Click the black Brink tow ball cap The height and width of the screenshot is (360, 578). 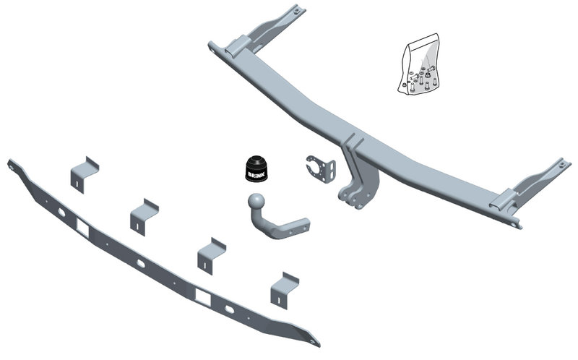(258, 168)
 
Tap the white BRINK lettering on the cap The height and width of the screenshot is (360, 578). (256, 174)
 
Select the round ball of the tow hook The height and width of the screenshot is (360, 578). (256, 202)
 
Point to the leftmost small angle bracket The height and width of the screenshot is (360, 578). (85, 175)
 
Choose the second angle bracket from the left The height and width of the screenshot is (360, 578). (144, 218)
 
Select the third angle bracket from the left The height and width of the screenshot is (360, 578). (212, 256)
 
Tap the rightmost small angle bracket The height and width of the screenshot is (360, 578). (285, 289)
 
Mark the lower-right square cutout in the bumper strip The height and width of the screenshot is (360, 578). (203, 297)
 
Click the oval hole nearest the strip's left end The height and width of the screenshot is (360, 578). (61, 212)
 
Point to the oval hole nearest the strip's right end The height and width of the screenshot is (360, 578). (229, 309)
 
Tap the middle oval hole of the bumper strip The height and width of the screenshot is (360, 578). (141, 262)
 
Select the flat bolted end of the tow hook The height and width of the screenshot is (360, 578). (295, 228)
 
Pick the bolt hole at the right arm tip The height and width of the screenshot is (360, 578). (562, 165)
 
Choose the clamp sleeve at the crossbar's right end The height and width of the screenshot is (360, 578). (502, 200)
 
